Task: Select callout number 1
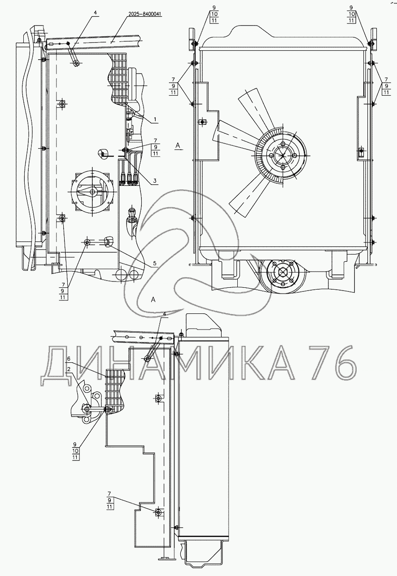click(x=155, y=119)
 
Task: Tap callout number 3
click(x=154, y=181)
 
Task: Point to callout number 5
click(x=154, y=264)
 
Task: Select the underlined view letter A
click(x=178, y=146)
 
